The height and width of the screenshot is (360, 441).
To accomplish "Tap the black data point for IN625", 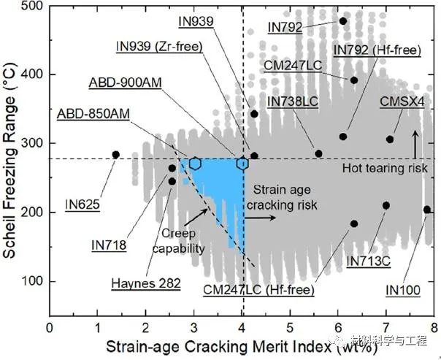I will pyautogui.click(x=115, y=155).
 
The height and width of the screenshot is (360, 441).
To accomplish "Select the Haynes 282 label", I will pyautogui.click(x=141, y=282).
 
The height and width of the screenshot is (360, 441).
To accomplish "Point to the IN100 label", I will pyautogui.click(x=402, y=290).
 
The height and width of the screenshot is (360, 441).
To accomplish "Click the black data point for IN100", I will pyautogui.click(x=427, y=210).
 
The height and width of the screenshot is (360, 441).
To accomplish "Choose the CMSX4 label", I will pyautogui.click(x=402, y=102).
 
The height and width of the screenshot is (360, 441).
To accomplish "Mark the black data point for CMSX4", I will pyautogui.click(x=390, y=139).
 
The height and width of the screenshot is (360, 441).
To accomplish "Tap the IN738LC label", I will pyautogui.click(x=292, y=102).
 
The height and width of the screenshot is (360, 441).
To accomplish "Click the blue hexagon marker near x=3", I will pyautogui.click(x=195, y=164).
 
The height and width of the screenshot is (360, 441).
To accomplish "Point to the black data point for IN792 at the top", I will pyautogui.click(x=343, y=21).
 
